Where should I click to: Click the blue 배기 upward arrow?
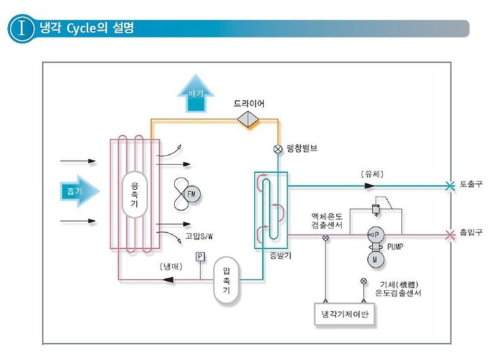[x=195, y=94]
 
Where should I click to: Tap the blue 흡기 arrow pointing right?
[x=79, y=191]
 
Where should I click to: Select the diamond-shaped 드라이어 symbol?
[x=248, y=119]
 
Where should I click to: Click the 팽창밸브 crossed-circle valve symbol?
[x=278, y=149]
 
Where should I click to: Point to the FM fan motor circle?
[x=192, y=195]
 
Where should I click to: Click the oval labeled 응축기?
[x=134, y=195]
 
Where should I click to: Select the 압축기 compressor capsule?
[x=226, y=280]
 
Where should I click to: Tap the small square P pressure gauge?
[x=200, y=256]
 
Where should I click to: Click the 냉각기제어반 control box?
[x=344, y=314]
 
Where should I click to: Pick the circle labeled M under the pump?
[x=375, y=259]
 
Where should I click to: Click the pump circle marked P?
[x=375, y=235]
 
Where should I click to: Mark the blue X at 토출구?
[x=450, y=186]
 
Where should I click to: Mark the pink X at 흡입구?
[x=450, y=235]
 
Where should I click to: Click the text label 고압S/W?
[x=199, y=236]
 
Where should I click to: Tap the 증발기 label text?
[x=281, y=256]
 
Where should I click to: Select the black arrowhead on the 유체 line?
[x=369, y=186]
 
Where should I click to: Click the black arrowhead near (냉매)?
[x=168, y=279]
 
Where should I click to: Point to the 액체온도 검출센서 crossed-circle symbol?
[x=325, y=238]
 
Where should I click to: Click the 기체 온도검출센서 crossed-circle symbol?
[x=363, y=281]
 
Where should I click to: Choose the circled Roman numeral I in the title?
[x=22, y=28]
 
